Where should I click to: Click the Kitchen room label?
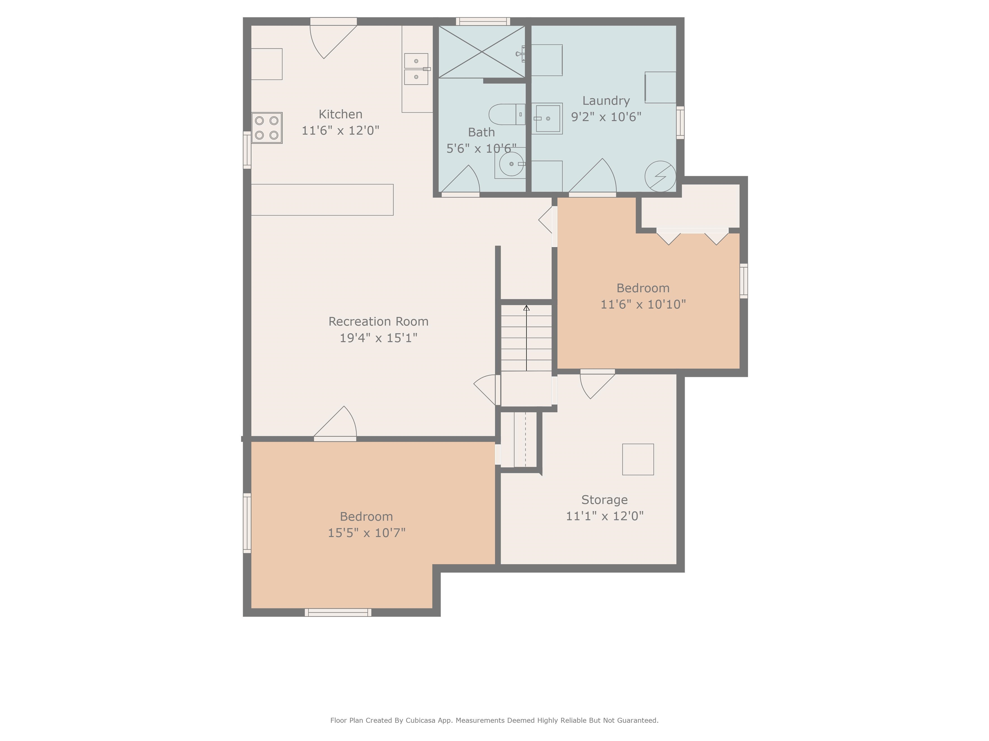340,114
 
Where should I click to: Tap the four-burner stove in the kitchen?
267,128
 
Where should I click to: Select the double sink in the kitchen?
416,69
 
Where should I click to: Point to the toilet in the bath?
507,114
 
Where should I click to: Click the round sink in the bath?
511,164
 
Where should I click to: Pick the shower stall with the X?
482,52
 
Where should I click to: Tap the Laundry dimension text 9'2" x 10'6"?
606,116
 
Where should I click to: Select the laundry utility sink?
547,118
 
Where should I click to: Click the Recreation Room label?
378,322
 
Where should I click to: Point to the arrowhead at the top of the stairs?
526,308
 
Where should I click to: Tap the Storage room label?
605,500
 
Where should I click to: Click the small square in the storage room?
638,459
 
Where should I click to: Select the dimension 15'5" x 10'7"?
367,533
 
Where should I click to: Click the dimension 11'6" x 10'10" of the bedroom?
643,304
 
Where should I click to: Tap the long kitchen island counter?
322,200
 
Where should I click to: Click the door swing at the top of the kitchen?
333,41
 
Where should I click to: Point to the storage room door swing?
597,386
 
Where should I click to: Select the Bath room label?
481,132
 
